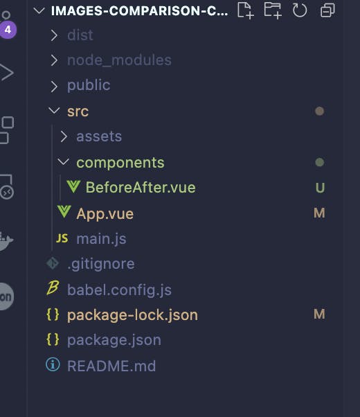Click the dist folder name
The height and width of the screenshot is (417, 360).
click(80, 35)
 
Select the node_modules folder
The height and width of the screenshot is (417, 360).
click(119, 60)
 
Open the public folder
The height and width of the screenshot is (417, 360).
click(89, 86)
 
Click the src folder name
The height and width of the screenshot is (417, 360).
click(78, 111)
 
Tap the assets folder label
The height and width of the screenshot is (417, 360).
click(99, 136)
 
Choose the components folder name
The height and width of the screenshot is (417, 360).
click(120, 163)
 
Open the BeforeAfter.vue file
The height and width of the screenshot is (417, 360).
click(141, 187)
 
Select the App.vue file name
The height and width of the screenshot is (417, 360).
click(105, 214)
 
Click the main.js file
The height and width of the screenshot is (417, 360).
click(101, 239)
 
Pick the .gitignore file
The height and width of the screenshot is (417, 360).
click(101, 264)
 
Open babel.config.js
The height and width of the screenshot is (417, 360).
click(119, 290)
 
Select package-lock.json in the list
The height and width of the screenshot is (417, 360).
click(132, 315)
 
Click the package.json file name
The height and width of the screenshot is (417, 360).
click(114, 340)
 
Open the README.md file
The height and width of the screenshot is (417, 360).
click(111, 366)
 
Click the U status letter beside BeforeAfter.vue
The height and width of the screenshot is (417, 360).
click(320, 188)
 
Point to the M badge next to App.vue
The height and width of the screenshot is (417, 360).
click(319, 213)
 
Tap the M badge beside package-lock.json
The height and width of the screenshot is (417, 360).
click(319, 314)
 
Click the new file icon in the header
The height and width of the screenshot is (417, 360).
click(245, 10)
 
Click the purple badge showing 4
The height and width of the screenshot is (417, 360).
click(8, 30)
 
